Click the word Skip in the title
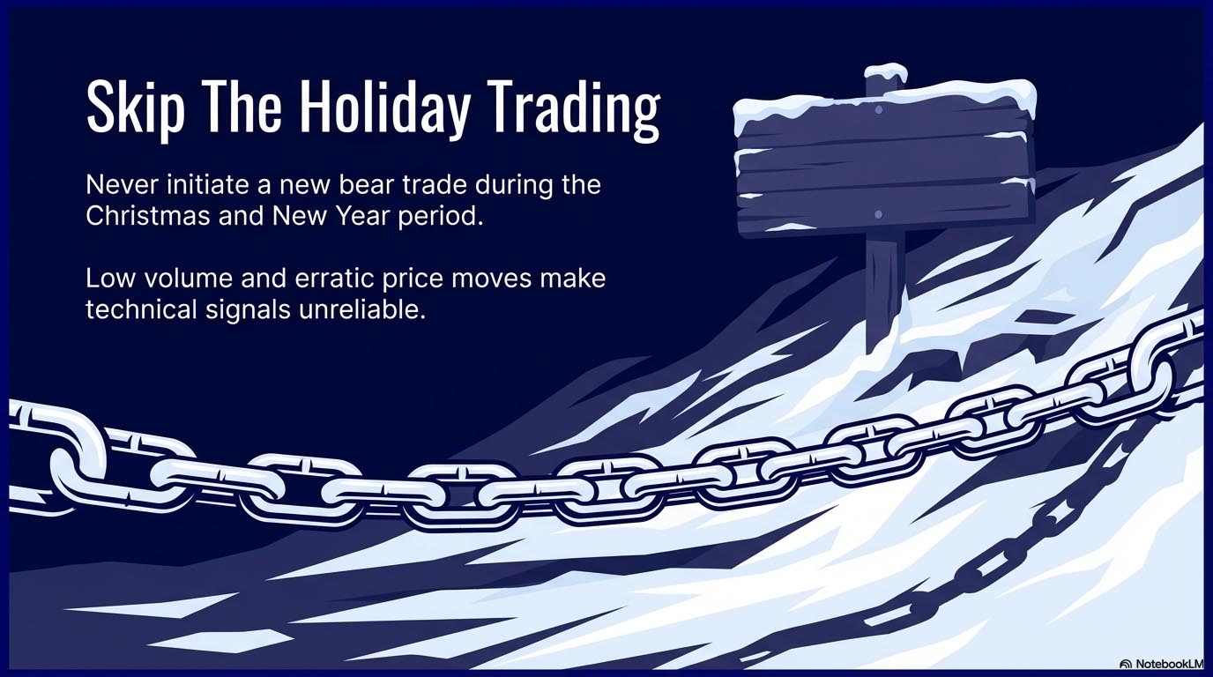pos(136,108)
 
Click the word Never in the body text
pos(122,185)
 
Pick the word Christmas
pos(148,216)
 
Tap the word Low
pos(110,279)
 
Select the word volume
pos(188,279)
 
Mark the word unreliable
pos(361,309)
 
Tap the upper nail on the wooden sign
pos(879,110)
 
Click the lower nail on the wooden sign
pos(878,214)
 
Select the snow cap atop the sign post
pos(886,72)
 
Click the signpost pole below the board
pos(884,287)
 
